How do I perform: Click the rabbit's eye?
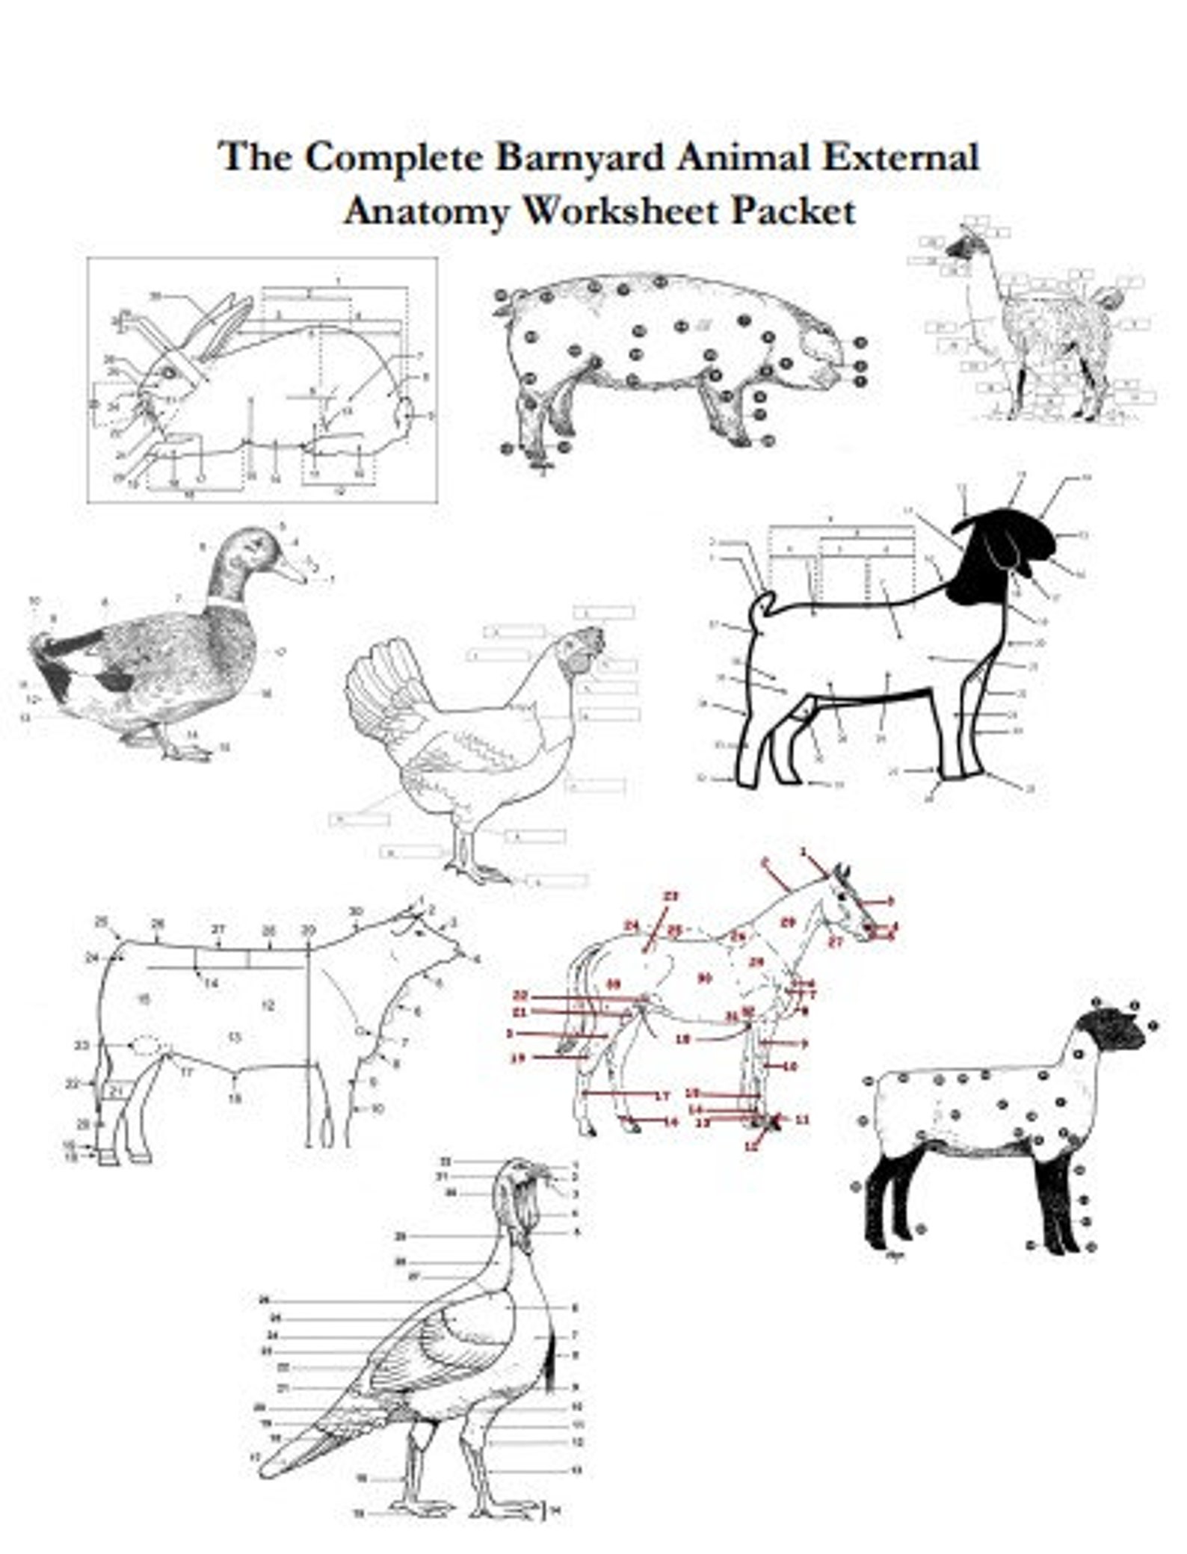tap(169, 371)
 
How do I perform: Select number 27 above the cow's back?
tap(218, 930)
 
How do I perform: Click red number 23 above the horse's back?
tap(670, 895)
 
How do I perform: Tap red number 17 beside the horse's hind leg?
tap(661, 1097)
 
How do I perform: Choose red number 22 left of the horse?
tap(521, 996)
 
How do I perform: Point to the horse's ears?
tap(842, 872)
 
